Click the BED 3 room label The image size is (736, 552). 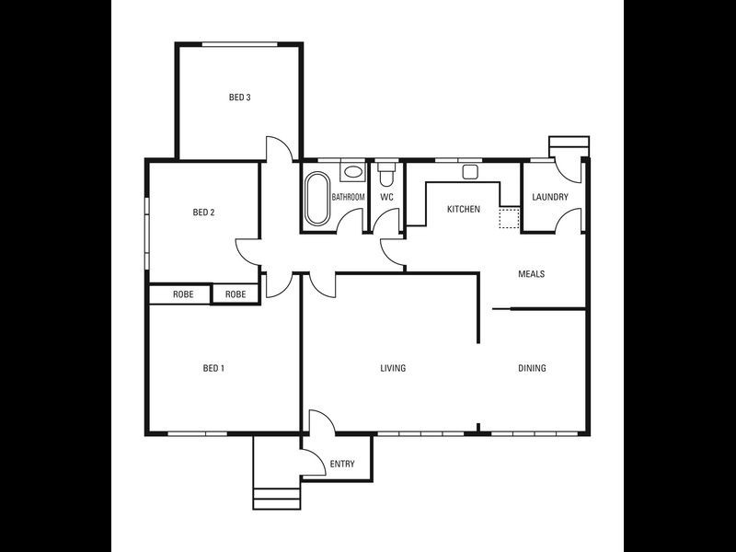coord(240,97)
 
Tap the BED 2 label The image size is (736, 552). coord(203,213)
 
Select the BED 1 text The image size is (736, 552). coord(213,369)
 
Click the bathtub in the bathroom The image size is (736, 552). coord(316,198)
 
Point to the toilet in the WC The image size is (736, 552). coord(386,172)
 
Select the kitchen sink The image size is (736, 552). coord(470,171)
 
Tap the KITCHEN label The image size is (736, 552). coord(464,210)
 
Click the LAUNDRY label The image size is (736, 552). coord(550,197)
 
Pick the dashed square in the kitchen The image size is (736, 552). coord(509,219)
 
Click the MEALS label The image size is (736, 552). coord(532,274)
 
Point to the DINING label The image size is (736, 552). coord(532,369)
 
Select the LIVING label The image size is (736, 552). coord(394,369)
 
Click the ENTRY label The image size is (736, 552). coord(341,465)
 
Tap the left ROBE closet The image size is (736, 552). coord(183,295)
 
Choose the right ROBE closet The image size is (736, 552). coord(236,295)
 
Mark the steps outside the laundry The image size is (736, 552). coord(568,146)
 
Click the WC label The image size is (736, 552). coord(387,197)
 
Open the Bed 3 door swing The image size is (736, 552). coord(280,149)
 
